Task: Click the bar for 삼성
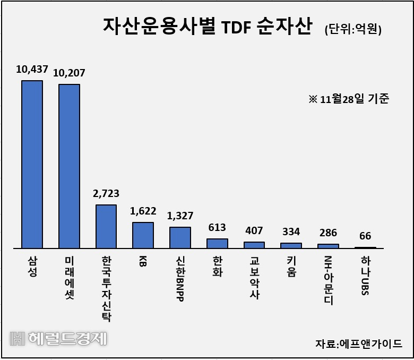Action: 32,164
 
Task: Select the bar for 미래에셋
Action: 69,166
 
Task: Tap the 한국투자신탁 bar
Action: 106,226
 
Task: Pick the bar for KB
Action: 143,235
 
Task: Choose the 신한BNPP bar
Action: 180,237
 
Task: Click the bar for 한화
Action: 217,243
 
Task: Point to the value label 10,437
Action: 32,69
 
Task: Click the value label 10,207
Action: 69,73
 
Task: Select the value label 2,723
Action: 106,194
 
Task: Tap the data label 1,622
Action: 143,211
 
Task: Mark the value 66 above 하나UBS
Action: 365,236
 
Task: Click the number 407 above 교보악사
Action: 254,230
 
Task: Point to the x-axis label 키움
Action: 291,267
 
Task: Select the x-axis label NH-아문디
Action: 328,280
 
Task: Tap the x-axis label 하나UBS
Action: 365,276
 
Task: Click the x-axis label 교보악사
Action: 254,278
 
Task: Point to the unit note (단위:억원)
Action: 353,29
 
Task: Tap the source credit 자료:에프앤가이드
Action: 359,344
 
